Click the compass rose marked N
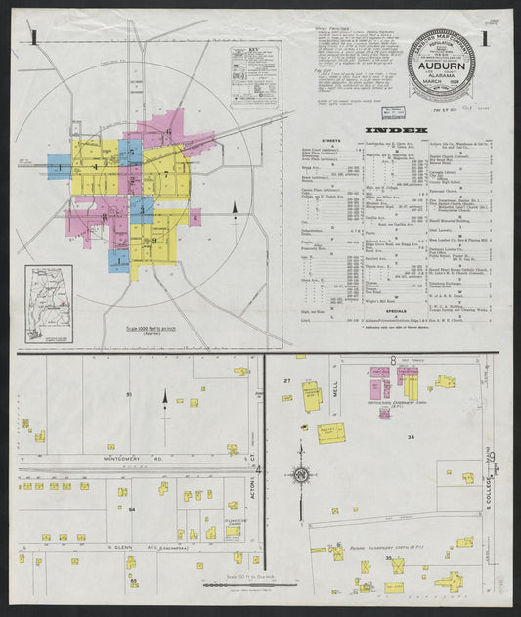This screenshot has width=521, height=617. pos(301,475)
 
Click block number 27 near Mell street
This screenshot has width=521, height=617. pos(287,379)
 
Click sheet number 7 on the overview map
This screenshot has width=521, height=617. pos(167,175)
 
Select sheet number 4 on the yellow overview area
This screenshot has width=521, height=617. pos(95,167)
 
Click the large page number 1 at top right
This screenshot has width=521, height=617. pos(485,39)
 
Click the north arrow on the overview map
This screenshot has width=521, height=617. pos(235,209)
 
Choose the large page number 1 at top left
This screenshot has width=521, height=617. pos(35,39)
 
